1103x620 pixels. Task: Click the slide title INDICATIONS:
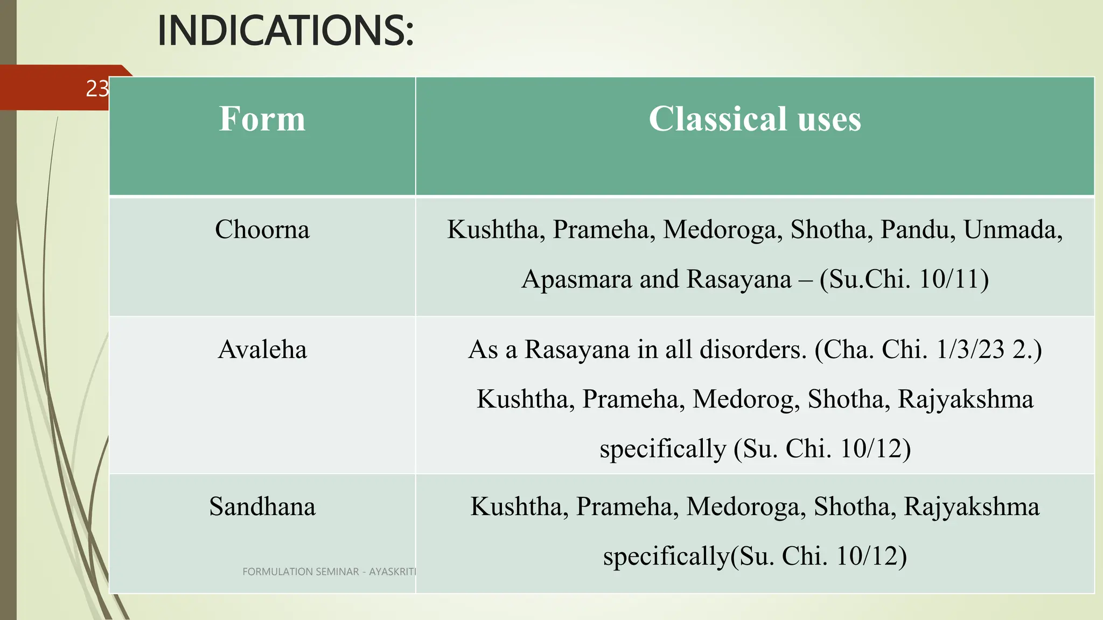285,31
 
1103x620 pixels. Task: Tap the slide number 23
97,89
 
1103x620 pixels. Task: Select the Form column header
262,119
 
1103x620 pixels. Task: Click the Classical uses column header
755,119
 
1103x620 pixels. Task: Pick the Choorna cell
262,230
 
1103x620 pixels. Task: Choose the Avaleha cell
262,350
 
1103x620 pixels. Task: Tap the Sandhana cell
262,507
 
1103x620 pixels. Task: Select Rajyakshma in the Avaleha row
965,399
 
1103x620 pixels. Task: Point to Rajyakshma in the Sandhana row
971,507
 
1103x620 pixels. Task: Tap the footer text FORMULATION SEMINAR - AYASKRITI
329,572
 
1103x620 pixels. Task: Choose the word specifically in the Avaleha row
662,449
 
